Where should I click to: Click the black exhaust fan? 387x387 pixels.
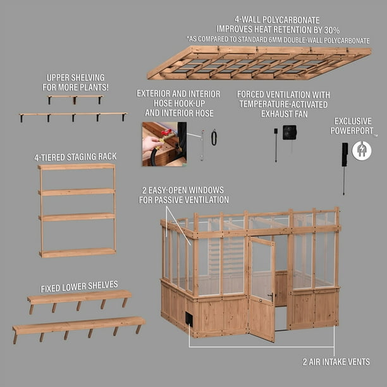point(290,133)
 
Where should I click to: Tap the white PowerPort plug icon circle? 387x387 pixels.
point(362,150)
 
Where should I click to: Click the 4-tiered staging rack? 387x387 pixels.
point(77,210)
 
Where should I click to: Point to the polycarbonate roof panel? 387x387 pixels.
point(259,63)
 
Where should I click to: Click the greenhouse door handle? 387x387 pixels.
point(270,295)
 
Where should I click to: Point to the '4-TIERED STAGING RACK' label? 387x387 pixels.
point(75,156)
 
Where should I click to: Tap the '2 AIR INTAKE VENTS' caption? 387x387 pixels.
point(336,362)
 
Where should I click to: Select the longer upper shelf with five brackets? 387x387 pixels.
point(73,115)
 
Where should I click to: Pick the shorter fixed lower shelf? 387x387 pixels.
point(79,297)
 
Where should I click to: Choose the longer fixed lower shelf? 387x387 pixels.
point(78,325)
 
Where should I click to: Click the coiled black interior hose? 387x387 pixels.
point(214,137)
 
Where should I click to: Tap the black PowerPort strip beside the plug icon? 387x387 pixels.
point(344,154)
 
